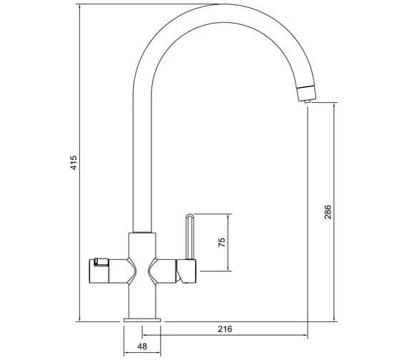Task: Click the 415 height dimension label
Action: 74,163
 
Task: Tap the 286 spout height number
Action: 328,212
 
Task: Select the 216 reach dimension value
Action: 225,329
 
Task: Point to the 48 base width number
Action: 142,346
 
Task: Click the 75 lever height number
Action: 222,242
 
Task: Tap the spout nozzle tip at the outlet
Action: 307,101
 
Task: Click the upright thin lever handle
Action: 190,236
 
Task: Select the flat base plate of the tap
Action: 142,320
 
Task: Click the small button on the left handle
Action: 101,262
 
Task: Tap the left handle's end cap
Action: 99,271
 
